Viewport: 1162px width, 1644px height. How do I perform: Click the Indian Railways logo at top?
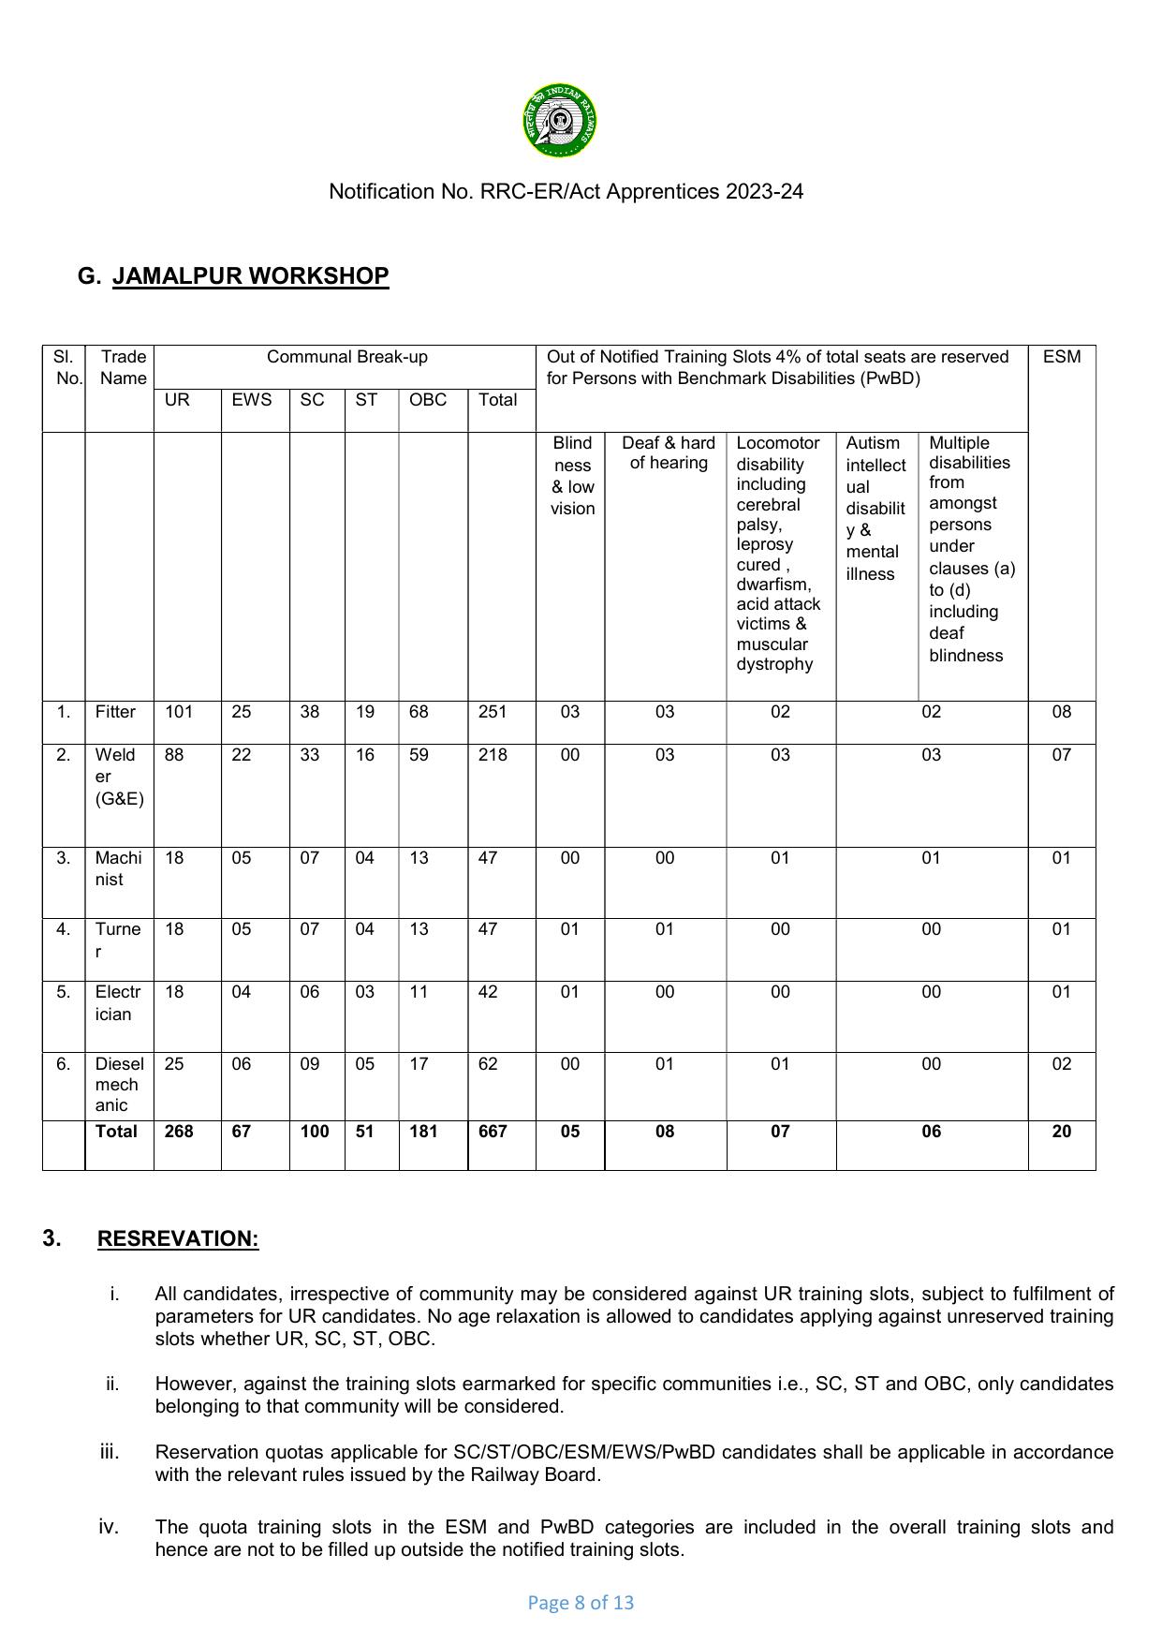pyautogui.click(x=560, y=121)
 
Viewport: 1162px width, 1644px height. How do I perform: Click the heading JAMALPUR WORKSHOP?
pyautogui.click(x=250, y=276)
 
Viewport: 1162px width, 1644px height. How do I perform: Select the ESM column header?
pyautogui.click(x=1061, y=357)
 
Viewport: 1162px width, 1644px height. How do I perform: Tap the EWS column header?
pyautogui.click(x=251, y=400)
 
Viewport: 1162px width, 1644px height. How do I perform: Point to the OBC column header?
pyautogui.click(x=428, y=400)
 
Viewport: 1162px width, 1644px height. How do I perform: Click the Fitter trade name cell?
pyautogui.click(x=115, y=712)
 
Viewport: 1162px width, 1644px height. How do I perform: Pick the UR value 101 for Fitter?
pyautogui.click(x=179, y=712)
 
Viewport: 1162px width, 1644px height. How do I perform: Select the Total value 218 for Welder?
pyautogui.click(x=493, y=755)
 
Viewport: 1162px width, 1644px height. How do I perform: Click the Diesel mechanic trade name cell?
pyautogui.click(x=119, y=1085)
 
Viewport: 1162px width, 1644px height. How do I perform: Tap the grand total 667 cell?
pyautogui.click(x=493, y=1132)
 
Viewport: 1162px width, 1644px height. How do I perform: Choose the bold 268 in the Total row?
pyautogui.click(x=179, y=1132)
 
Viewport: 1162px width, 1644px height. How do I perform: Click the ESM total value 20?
pyautogui.click(x=1061, y=1132)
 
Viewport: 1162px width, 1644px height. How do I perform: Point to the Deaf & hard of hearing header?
pyautogui.click(x=668, y=452)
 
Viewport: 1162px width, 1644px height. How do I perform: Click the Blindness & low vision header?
pyautogui.click(x=572, y=476)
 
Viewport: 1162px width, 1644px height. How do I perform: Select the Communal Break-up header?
pyautogui.click(x=346, y=357)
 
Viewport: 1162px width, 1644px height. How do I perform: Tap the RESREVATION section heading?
pyautogui.click(x=178, y=1238)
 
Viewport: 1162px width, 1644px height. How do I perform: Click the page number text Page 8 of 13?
pyautogui.click(x=581, y=1603)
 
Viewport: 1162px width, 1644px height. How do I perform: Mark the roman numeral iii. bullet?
pyautogui.click(x=110, y=1452)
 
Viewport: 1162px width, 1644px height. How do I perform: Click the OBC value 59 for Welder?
pyautogui.click(x=419, y=755)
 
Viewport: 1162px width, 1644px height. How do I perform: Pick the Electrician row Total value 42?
pyautogui.click(x=488, y=992)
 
